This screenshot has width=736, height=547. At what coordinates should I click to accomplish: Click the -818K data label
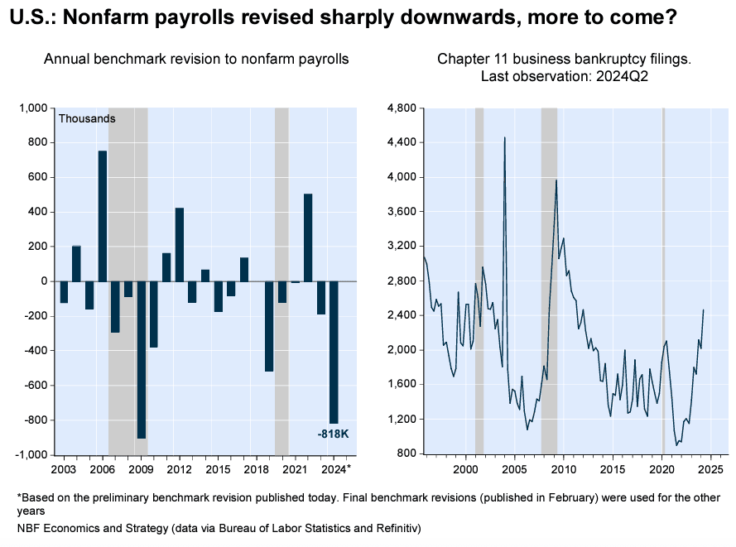[333, 434]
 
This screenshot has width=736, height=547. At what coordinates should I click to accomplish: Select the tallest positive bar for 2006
[103, 216]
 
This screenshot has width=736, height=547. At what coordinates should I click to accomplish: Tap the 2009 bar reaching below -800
[142, 359]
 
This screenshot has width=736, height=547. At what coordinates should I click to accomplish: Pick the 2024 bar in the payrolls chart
[334, 352]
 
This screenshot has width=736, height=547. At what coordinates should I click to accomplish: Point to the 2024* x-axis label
[336, 470]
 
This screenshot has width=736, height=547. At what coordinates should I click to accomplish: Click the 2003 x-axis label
[62, 470]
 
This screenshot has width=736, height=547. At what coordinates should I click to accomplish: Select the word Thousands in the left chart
[87, 118]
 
